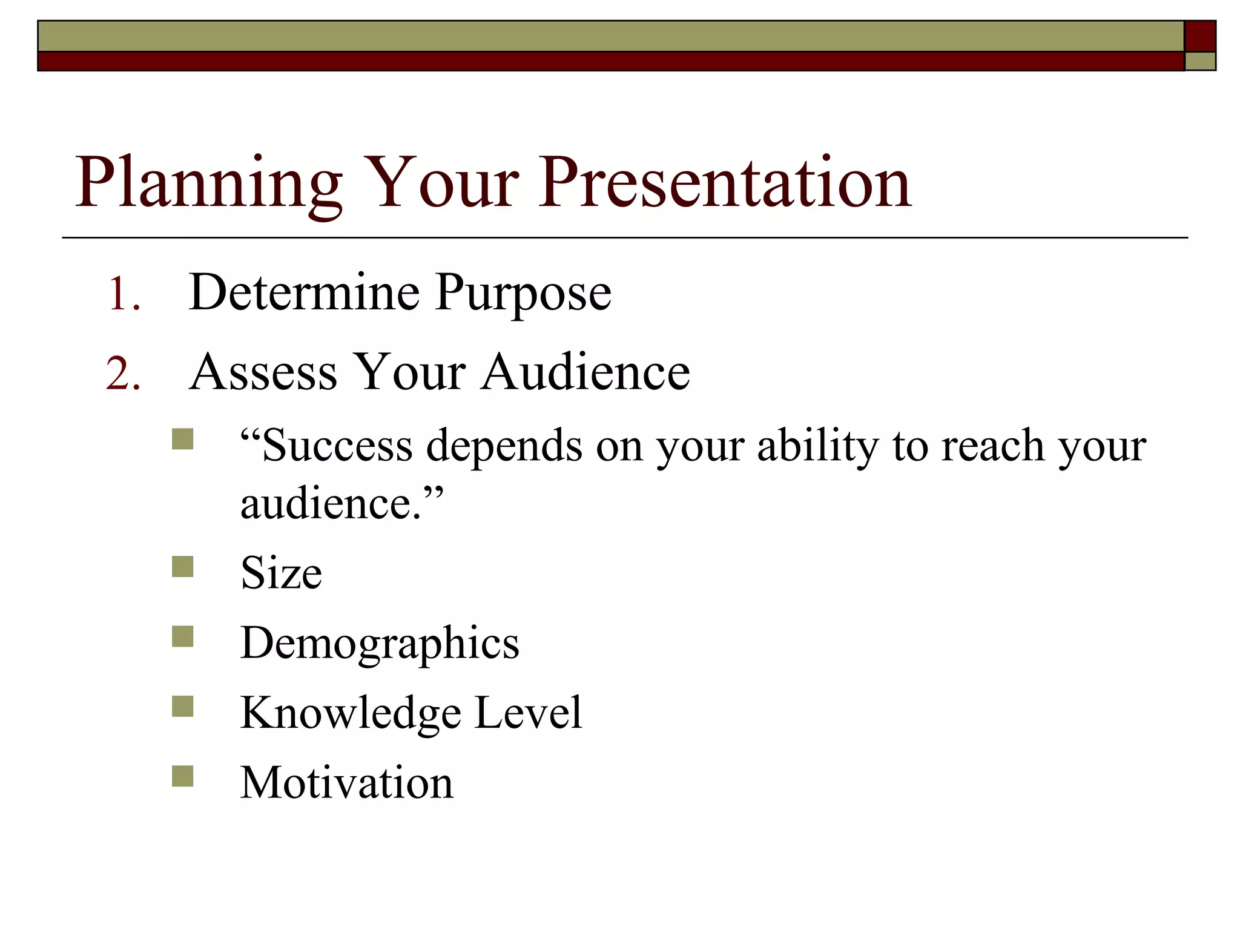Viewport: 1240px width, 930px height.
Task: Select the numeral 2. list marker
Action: [x=124, y=374]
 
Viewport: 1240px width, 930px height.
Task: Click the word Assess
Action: [x=263, y=372]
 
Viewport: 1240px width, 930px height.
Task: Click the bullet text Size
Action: [x=281, y=573]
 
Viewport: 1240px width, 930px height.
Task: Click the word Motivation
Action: [x=346, y=783]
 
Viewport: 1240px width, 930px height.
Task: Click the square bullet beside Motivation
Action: [x=182, y=776]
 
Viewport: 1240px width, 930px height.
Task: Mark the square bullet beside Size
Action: [x=182, y=567]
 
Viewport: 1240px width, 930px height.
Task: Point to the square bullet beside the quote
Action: [x=182, y=439]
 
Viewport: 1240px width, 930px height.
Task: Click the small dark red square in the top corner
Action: [x=1199, y=36]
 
